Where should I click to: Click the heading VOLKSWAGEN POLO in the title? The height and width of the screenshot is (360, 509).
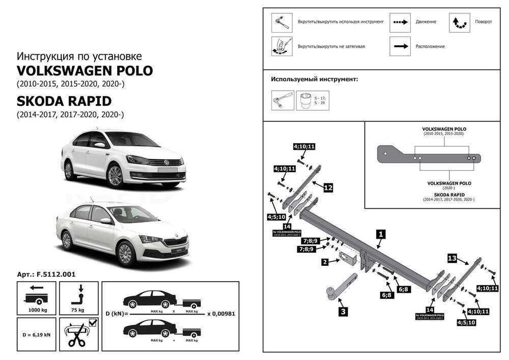[85, 70]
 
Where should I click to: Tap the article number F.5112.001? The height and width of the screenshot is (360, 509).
[46, 274]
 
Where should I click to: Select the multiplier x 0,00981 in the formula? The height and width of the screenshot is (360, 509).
[221, 314]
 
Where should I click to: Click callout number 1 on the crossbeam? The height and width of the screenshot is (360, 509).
[381, 235]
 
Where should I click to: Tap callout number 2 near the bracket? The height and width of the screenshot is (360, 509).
[325, 263]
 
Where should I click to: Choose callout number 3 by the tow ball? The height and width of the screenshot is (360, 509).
[344, 312]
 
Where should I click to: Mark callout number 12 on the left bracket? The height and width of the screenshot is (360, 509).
[328, 188]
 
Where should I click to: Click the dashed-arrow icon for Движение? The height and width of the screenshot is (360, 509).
[400, 22]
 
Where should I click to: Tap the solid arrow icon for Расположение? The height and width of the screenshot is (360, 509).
[400, 46]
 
